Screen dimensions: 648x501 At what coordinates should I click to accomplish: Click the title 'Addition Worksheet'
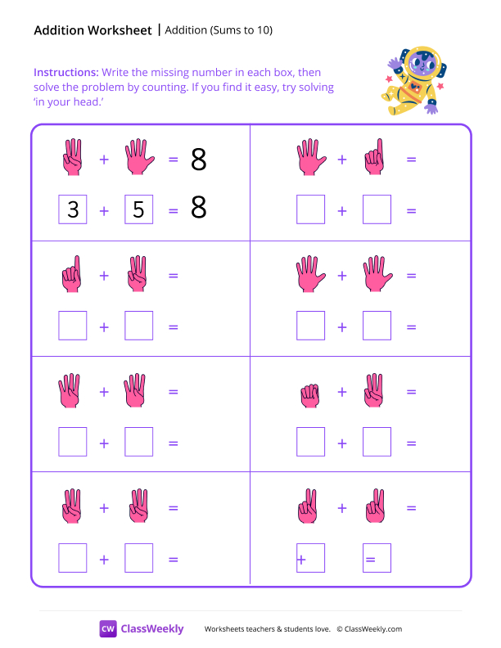tap(93, 30)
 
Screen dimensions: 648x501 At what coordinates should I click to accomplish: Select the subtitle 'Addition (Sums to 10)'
tap(219, 30)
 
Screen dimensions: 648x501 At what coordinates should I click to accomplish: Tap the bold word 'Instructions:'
tap(66, 72)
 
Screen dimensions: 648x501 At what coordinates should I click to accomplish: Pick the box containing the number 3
tap(73, 210)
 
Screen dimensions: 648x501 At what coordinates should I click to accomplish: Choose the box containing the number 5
tap(138, 210)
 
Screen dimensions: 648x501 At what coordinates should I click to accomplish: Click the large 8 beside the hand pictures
tap(198, 160)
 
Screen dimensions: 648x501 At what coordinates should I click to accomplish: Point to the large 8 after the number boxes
tap(198, 209)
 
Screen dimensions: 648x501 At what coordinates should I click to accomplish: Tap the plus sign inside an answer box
tap(301, 560)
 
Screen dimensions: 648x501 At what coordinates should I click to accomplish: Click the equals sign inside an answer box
tap(370, 560)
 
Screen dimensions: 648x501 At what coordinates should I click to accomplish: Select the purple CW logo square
tap(108, 628)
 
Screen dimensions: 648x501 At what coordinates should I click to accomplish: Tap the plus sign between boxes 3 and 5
tap(104, 211)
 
